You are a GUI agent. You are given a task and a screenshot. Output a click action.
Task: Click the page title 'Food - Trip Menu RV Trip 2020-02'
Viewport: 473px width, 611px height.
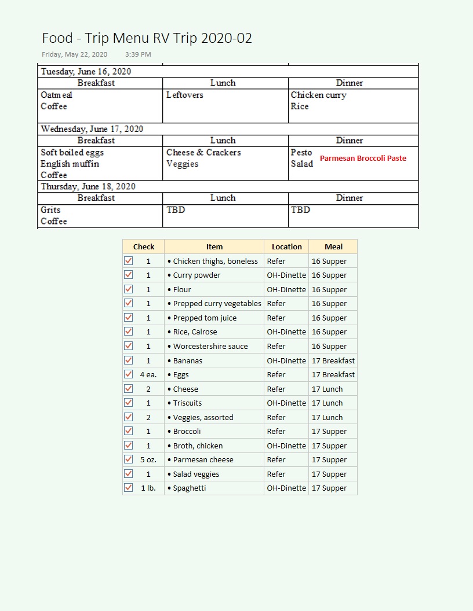point(147,38)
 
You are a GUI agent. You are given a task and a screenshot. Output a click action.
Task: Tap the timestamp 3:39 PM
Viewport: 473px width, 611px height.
point(138,54)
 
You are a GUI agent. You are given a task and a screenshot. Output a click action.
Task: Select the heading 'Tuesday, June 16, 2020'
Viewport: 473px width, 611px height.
point(86,72)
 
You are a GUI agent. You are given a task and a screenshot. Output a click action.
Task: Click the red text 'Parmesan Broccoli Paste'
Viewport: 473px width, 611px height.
point(363,158)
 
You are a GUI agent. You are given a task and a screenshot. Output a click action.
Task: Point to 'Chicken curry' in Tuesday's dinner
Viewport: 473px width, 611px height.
point(318,95)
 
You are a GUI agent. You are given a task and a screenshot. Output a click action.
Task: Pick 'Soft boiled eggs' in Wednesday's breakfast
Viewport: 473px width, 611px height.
point(72,153)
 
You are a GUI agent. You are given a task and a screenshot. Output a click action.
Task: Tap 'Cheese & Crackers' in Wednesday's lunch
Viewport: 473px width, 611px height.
point(203,153)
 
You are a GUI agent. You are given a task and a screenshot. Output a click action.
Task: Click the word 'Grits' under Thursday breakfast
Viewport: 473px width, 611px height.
point(50,210)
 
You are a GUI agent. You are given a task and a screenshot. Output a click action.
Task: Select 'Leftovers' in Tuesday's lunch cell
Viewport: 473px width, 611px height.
point(184,95)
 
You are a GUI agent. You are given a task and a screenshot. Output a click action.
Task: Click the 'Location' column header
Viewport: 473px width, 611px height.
point(286,246)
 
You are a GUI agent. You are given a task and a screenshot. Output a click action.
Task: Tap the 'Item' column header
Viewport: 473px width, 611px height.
point(214,246)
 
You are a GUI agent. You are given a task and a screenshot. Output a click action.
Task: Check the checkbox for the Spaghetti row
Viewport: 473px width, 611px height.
point(128,488)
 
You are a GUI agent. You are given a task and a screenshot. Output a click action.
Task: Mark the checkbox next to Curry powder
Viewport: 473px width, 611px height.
point(128,275)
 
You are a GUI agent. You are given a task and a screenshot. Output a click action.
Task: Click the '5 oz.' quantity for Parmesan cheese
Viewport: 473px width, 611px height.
point(148,459)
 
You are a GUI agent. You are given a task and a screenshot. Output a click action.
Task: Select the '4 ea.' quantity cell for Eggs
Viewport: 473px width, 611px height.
point(148,374)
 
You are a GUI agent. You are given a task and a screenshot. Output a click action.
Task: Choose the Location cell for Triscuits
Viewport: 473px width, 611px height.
point(286,403)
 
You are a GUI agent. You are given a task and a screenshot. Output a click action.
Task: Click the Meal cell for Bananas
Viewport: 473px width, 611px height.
point(333,360)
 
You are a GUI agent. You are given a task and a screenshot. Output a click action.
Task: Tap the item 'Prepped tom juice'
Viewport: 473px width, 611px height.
point(205,318)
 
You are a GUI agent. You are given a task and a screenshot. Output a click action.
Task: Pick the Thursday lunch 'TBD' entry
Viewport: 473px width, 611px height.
point(176,210)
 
